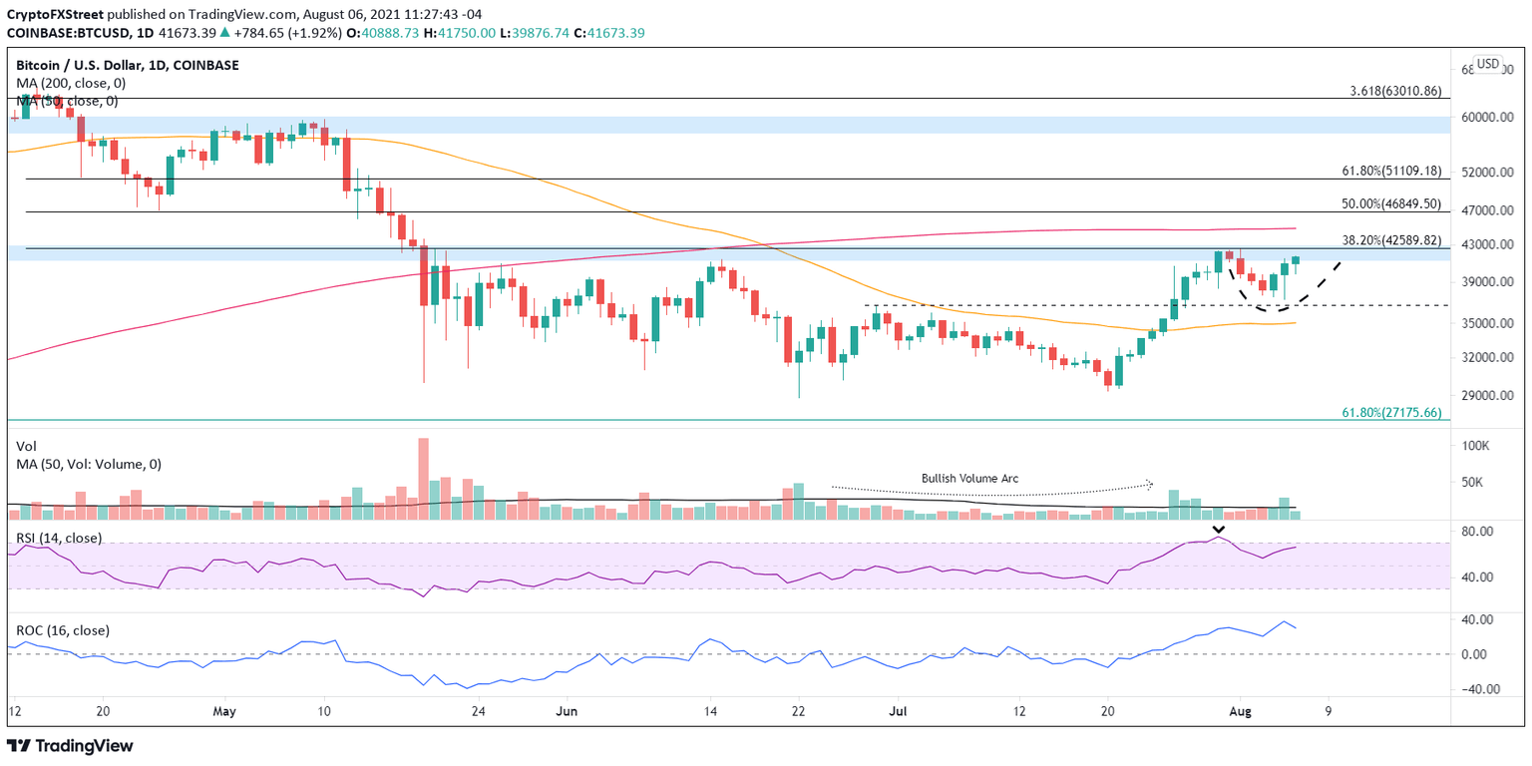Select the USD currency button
[1487, 64]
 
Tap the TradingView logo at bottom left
[70, 746]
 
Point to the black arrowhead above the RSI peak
[1218, 529]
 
